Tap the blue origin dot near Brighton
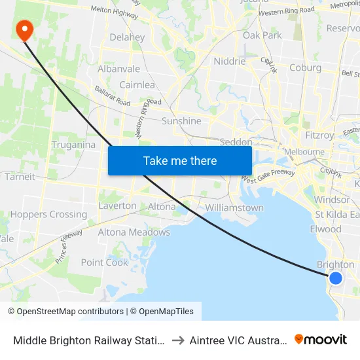coord(336,278)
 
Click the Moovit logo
coord(321,340)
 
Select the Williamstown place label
coord(234,207)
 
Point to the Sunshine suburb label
coord(181,121)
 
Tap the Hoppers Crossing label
coord(48,214)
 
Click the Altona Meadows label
coord(134,232)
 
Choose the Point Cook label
coord(105,262)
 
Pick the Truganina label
coord(73,145)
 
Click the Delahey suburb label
coord(127,37)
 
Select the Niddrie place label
coord(230,62)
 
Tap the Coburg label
coord(305,67)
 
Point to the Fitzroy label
coord(319,135)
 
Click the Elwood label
coord(326,229)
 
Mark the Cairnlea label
coord(137,85)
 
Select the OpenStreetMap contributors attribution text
coord(65,312)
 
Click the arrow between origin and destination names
coord(177,340)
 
